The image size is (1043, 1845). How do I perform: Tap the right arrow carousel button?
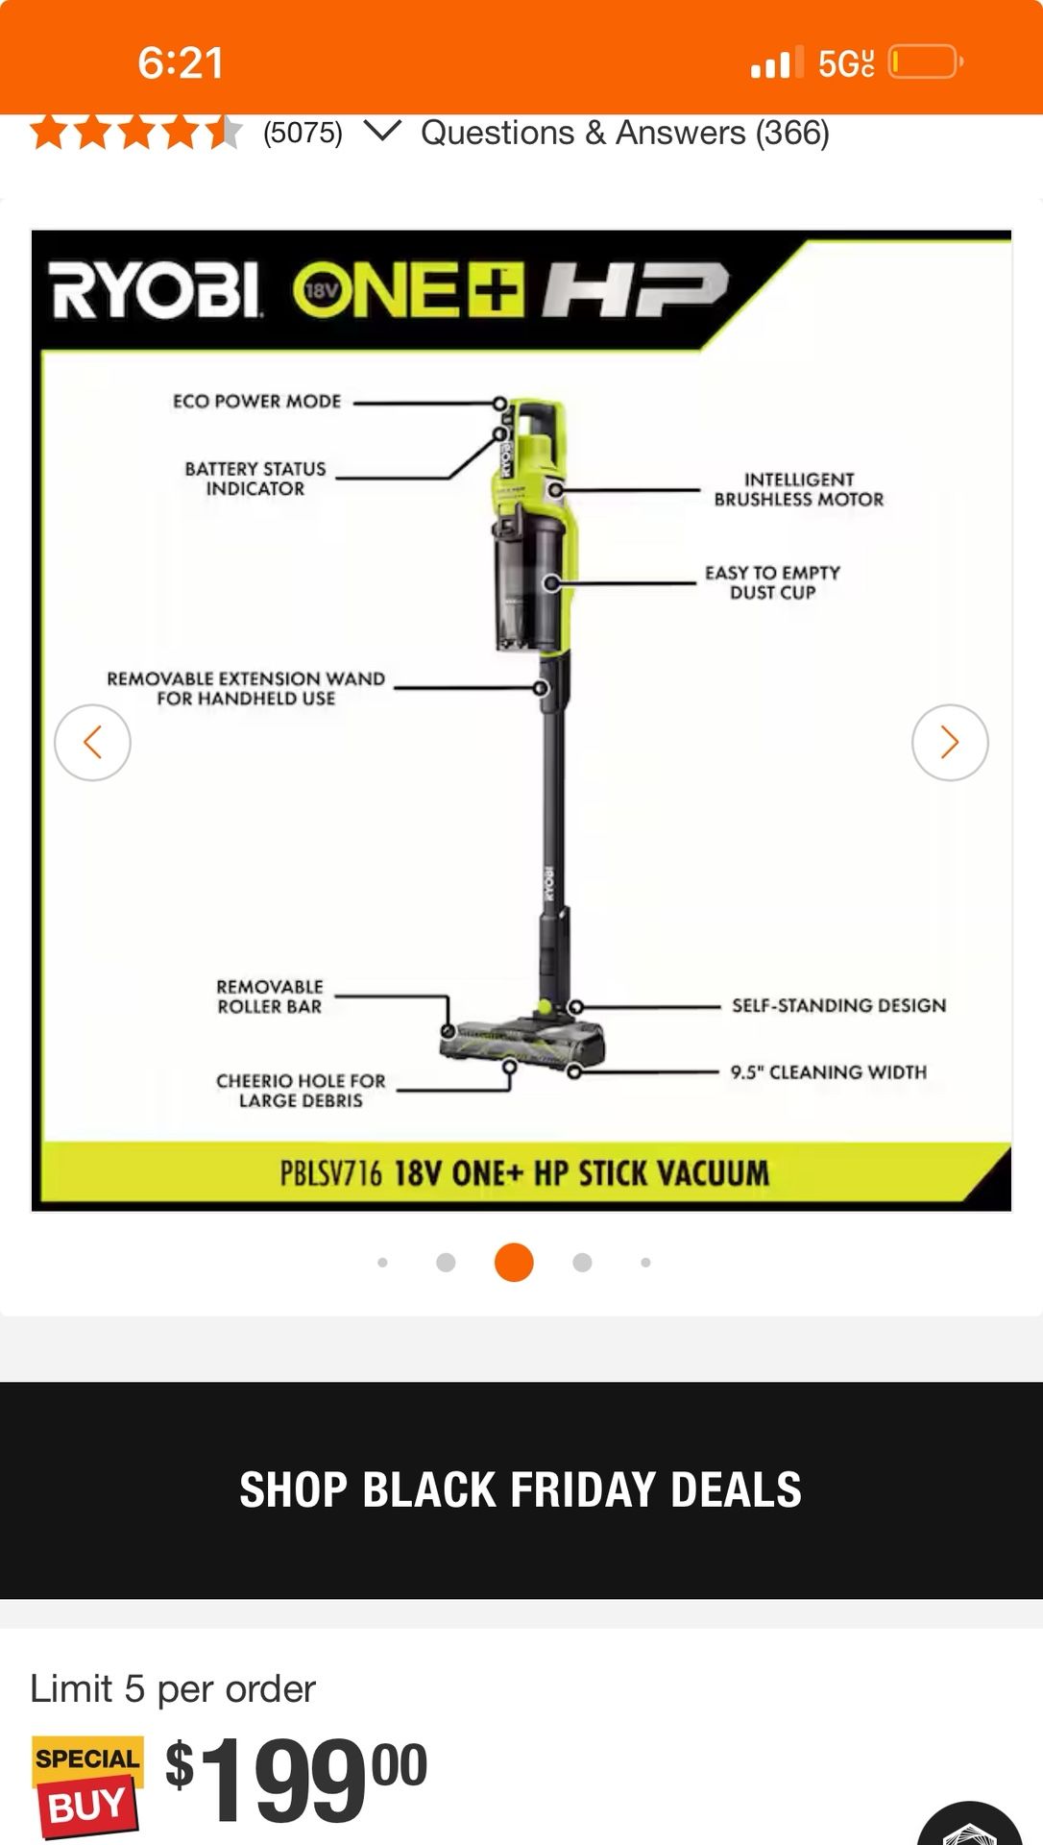[x=949, y=742]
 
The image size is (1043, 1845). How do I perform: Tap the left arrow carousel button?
[x=92, y=742]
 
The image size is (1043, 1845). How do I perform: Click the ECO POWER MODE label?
[x=256, y=402]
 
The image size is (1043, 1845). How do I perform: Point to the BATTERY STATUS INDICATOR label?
[x=255, y=479]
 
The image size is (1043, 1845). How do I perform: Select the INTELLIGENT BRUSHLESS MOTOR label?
[x=798, y=489]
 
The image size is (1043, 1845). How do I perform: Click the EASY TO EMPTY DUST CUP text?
[x=772, y=582]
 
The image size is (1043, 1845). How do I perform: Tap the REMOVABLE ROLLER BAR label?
[x=270, y=996]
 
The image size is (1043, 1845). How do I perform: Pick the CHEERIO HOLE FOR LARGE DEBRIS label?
[x=301, y=1091]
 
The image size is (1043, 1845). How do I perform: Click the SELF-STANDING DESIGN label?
[x=838, y=1005]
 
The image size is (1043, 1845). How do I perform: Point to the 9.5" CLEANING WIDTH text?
[x=828, y=1071]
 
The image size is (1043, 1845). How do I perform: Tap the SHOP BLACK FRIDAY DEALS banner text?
[x=521, y=1489]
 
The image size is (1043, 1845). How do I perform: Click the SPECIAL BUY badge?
[x=87, y=1784]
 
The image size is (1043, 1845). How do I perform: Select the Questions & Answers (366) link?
[x=624, y=133]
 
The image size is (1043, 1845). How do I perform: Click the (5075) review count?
[x=303, y=133]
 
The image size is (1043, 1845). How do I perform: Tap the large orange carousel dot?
[x=514, y=1262]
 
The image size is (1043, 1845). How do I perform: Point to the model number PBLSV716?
[x=330, y=1173]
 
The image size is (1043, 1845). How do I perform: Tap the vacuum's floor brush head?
[x=523, y=1041]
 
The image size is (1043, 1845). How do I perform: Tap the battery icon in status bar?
[x=924, y=63]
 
